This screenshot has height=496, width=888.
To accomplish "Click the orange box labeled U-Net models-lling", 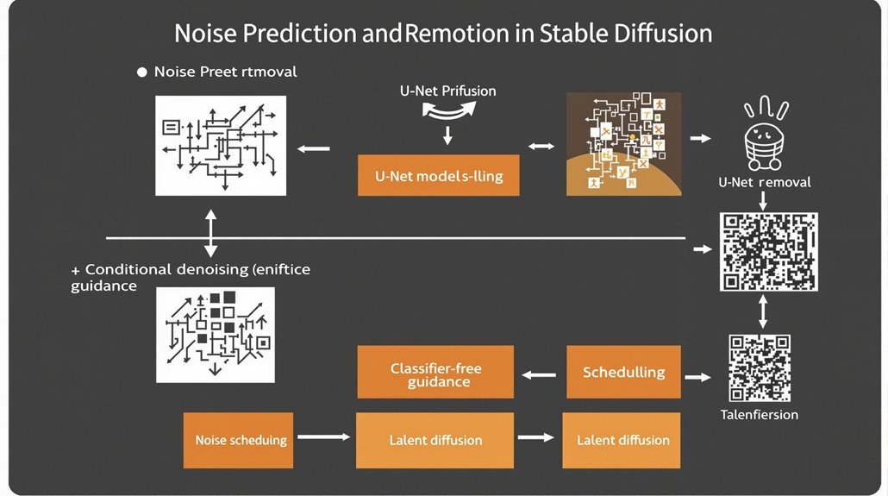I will click(x=438, y=176).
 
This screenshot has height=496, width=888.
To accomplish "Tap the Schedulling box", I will click(x=623, y=372).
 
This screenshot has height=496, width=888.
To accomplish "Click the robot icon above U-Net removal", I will click(x=764, y=137).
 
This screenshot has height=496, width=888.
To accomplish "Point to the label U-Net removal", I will click(x=764, y=182).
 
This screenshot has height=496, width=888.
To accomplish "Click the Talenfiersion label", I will click(x=759, y=415).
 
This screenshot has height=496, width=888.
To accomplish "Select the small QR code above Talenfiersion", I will click(x=760, y=367).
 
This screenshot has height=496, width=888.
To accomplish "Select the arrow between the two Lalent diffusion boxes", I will click(x=535, y=438).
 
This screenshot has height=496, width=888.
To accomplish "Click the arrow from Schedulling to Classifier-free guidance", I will click(x=540, y=374).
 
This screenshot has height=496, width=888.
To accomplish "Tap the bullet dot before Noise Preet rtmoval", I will click(x=142, y=72).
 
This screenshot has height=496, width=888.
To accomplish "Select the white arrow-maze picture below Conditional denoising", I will click(x=214, y=335).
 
